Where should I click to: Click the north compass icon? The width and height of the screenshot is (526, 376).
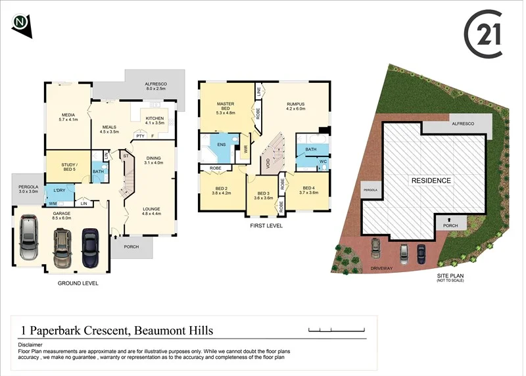click(x=21, y=24)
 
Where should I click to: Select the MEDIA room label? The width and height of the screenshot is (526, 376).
click(x=68, y=116)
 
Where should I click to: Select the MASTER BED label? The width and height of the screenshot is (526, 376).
click(x=226, y=108)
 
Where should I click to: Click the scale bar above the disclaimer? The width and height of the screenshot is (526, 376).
click(x=335, y=329)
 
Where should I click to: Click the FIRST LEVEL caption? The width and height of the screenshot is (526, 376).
click(x=266, y=225)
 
